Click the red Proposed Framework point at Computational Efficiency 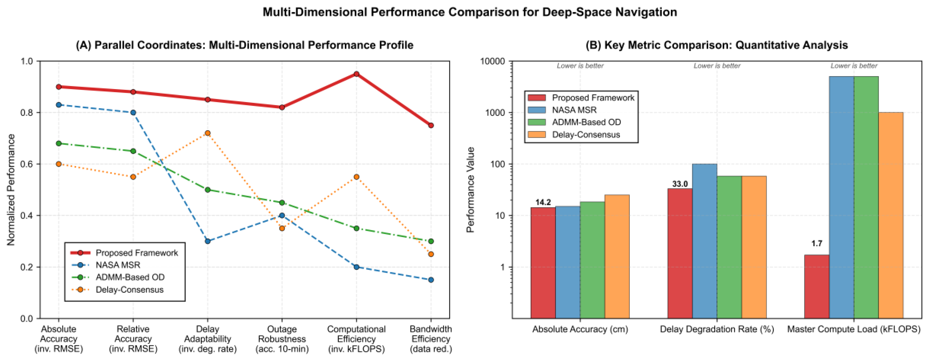(x=356, y=74)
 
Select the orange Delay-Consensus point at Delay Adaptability (x=208, y=133)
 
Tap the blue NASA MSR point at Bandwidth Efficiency (x=431, y=280)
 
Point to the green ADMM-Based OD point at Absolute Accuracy (x=59, y=143)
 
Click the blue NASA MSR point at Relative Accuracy (x=133, y=112)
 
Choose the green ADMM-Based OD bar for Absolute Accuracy (x=592, y=260)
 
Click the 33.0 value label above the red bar (x=680, y=184)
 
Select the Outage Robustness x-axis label (x=282, y=339)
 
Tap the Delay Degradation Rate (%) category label (x=717, y=329)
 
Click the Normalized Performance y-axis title (x=11, y=190)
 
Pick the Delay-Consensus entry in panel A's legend (x=129, y=289)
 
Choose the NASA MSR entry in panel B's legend (x=574, y=110)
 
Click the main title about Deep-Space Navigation (x=469, y=12)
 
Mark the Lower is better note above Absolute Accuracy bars (x=580, y=66)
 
